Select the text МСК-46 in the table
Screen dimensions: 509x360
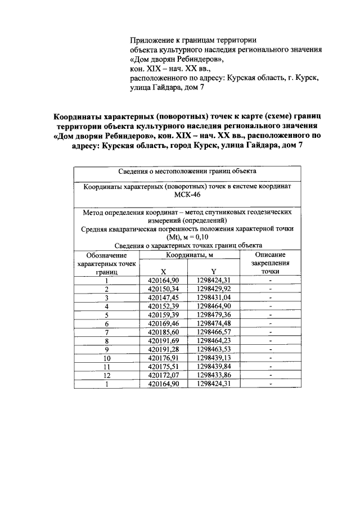click(x=187, y=195)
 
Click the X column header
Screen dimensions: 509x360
click(x=163, y=271)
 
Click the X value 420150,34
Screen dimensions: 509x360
click(x=163, y=289)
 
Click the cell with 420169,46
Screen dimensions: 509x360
click(x=163, y=324)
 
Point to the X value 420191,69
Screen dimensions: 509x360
click(x=163, y=341)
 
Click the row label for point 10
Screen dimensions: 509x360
click(x=106, y=359)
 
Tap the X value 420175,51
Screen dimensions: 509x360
click(x=163, y=367)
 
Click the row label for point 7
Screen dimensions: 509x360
click(x=106, y=332)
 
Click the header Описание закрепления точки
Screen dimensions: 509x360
click(x=270, y=263)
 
